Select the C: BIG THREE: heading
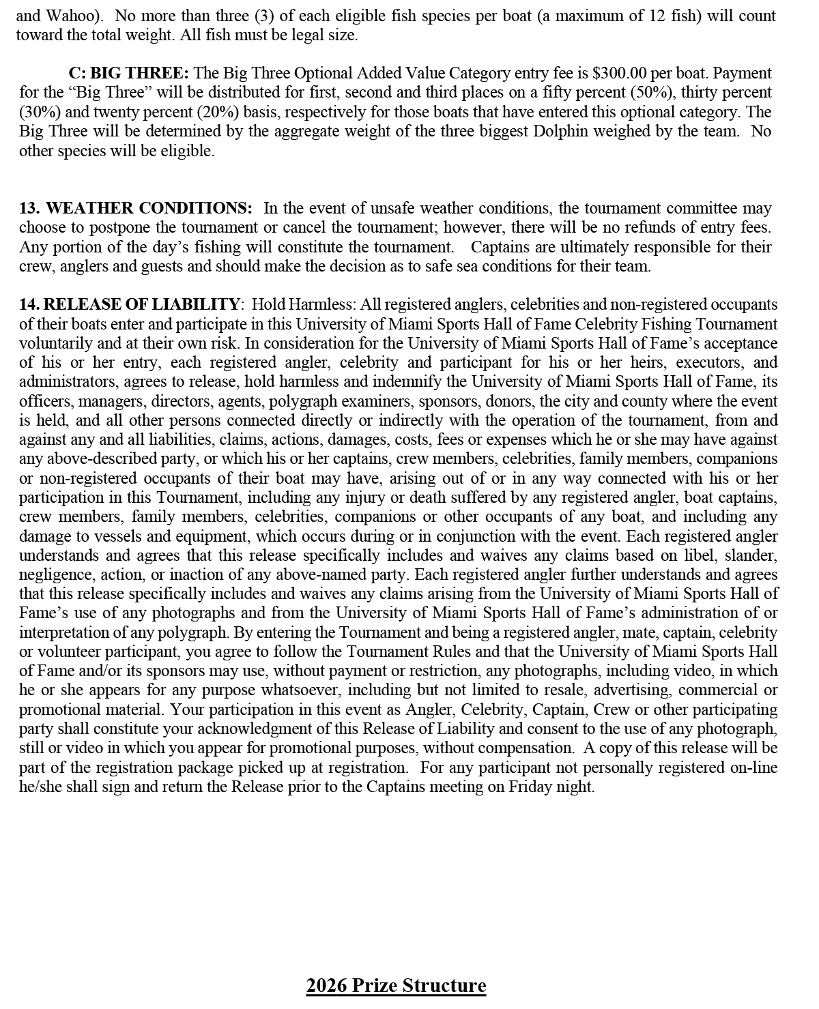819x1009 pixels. coord(129,73)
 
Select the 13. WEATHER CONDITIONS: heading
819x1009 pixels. coord(135,208)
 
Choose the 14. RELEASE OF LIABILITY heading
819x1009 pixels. coord(129,304)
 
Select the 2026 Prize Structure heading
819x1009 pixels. coord(396,986)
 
